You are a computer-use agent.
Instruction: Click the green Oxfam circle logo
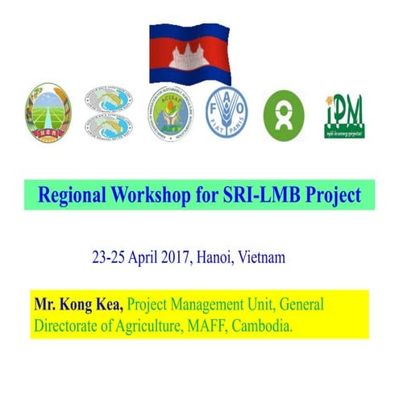click(284, 114)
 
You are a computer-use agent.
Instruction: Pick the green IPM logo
click(344, 114)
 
